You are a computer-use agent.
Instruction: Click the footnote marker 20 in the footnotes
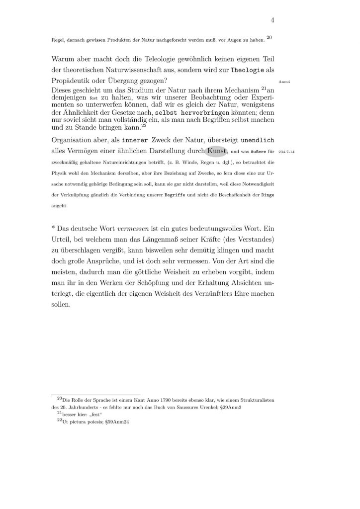tap(60, 398)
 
